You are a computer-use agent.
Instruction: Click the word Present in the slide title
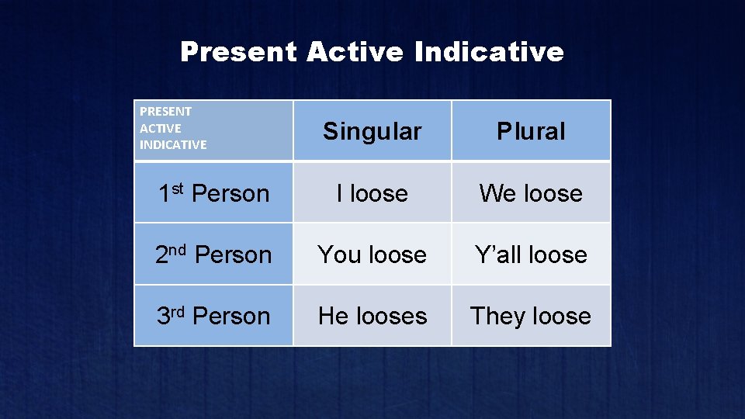tap(238, 52)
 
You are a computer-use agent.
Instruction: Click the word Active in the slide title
tap(355, 52)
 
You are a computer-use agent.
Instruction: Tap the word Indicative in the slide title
tap(489, 52)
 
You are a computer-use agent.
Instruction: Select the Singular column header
tap(372, 131)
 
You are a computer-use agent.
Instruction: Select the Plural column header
tap(531, 131)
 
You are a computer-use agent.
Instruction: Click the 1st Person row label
tap(213, 193)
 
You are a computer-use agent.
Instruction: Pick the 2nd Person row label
tap(213, 255)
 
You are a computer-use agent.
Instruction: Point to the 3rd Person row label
tap(213, 316)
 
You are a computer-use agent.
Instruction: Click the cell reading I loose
tap(372, 193)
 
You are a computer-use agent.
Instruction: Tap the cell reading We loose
tap(531, 193)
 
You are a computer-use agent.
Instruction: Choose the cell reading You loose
tap(372, 255)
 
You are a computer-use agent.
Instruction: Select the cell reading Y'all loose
tap(531, 255)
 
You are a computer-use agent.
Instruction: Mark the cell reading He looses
tap(372, 316)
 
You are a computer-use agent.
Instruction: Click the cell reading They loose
tap(531, 316)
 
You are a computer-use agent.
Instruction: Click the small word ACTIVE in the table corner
tap(160, 128)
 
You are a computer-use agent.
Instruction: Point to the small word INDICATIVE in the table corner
tap(173, 144)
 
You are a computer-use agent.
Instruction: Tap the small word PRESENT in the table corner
tap(165, 112)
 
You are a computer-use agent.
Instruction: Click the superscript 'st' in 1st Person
tap(178, 187)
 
